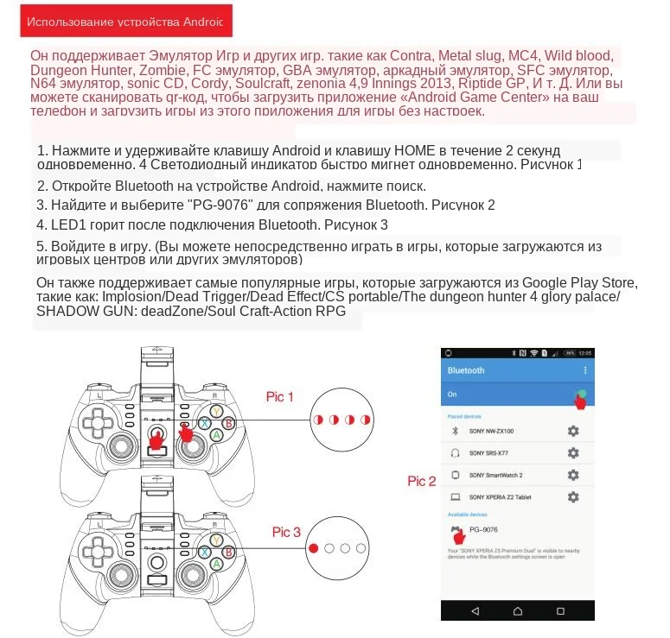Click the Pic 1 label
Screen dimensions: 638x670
pos(279,396)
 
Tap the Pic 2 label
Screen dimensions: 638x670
pos(422,481)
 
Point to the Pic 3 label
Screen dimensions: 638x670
pos(286,532)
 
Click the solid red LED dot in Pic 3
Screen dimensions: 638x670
pos(315,547)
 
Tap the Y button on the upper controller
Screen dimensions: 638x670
pos(217,412)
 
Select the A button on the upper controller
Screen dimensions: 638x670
pos(217,436)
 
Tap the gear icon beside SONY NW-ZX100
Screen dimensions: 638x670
pos(572,431)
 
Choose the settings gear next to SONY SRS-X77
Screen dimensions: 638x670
pos(572,453)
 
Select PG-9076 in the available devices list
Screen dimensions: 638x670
pos(483,529)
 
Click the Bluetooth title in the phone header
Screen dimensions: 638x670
pos(466,370)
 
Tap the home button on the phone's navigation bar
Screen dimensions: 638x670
pos(516,611)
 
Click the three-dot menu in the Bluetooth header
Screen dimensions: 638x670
pos(585,370)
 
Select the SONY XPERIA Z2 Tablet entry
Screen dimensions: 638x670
pos(500,497)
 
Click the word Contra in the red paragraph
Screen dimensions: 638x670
pos(393,56)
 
